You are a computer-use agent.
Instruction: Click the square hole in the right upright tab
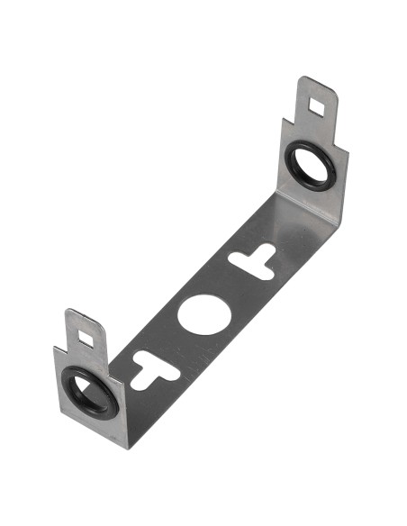point(317,107)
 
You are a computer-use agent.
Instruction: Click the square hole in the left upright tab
point(86,339)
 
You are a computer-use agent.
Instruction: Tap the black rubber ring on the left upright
point(70,396)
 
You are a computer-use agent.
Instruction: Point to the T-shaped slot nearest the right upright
point(254,259)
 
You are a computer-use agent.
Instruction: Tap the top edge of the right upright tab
point(317,82)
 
